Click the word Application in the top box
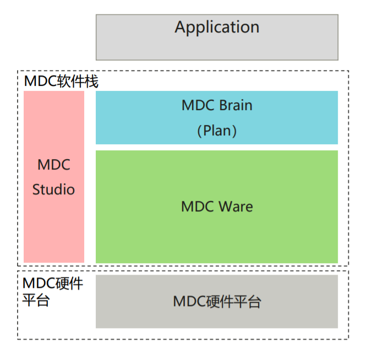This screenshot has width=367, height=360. [x=217, y=27]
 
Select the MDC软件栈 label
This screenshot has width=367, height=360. [x=61, y=82]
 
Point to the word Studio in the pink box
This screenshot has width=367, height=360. [x=53, y=190]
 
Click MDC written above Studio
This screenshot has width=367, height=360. [x=53, y=165]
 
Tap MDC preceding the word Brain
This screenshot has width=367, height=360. [x=197, y=105]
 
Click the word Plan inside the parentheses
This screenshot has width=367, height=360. [x=217, y=131]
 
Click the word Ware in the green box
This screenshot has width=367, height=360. [x=235, y=207]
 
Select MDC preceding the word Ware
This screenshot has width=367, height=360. [x=197, y=207]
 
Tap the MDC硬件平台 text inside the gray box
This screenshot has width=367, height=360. [x=217, y=302]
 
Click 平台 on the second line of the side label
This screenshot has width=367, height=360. [x=36, y=301]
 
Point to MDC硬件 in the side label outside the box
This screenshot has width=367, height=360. [x=53, y=284]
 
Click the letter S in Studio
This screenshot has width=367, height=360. [x=36, y=190]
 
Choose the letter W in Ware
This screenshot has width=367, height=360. [x=224, y=207]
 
